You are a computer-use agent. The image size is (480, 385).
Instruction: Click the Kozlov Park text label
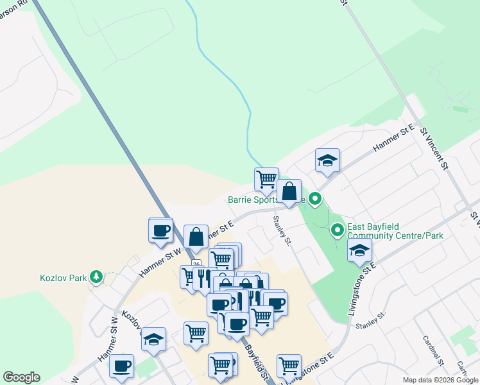(62, 277)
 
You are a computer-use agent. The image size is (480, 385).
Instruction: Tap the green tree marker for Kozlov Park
(96, 277)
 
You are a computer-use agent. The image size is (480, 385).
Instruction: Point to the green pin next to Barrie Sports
(314, 200)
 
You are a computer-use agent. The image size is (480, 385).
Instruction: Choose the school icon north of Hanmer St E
(327, 162)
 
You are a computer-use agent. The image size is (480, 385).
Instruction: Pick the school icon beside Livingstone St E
(360, 250)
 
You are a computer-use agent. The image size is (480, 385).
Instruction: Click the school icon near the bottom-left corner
(153, 340)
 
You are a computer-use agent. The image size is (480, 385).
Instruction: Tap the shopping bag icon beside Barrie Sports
(289, 191)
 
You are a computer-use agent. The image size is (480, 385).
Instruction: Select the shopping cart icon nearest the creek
(266, 180)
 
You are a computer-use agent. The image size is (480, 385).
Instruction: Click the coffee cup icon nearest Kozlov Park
(160, 230)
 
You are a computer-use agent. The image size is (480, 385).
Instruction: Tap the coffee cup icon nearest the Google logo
(121, 367)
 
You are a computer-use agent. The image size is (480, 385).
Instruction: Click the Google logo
(21, 377)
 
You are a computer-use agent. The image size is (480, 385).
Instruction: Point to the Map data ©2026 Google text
(440, 380)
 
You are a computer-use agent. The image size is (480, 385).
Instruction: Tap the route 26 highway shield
(196, 264)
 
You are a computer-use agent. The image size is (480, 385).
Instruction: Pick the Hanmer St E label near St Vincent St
(392, 139)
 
